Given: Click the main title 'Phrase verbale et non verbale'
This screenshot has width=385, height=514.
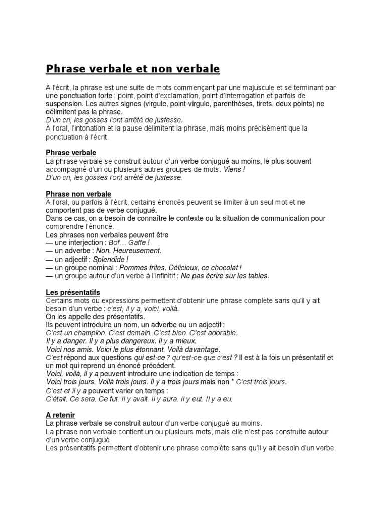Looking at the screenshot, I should coord(133,68).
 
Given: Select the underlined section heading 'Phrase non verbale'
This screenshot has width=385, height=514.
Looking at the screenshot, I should coord(78,194).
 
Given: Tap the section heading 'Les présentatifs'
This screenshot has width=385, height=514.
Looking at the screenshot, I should coord(73,292).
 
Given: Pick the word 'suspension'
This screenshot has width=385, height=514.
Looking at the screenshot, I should coord(62,103).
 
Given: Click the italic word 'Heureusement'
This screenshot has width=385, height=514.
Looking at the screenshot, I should coord(139,251).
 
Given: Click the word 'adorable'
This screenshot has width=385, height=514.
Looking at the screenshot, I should coord(218,333).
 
